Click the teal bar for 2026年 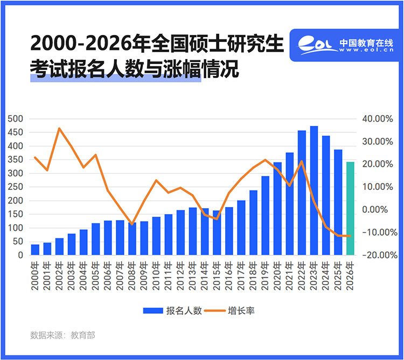(x=351, y=209)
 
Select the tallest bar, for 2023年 (x=314, y=191)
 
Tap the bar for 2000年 (x=35, y=250)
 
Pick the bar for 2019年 (x=266, y=216)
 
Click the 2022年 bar (x=302, y=193)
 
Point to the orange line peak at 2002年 (x=59, y=128)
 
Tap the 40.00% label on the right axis (x=380, y=118)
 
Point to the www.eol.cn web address (x=366, y=50)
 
